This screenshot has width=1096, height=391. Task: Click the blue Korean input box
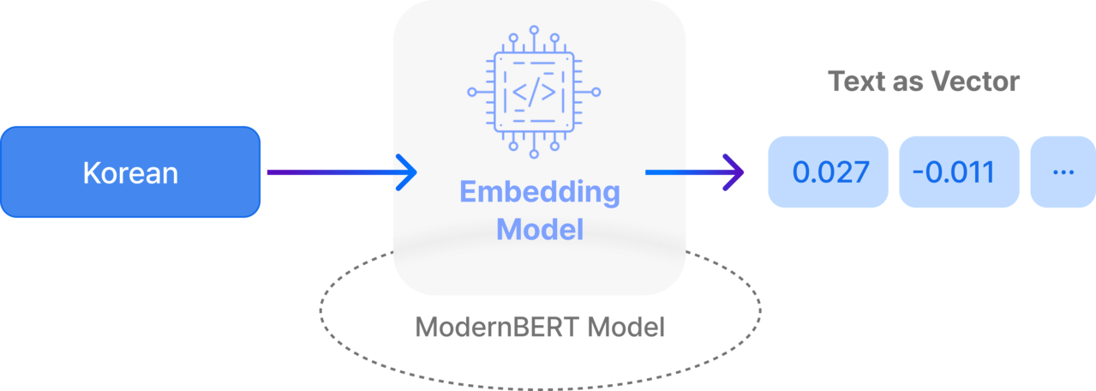coord(130,171)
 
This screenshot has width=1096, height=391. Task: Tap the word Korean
coord(130,173)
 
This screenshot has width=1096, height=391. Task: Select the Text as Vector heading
coord(924,81)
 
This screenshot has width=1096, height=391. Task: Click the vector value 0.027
coord(830,171)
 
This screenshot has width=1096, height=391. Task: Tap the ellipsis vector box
coord(1063,171)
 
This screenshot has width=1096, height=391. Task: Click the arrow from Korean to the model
coord(338,172)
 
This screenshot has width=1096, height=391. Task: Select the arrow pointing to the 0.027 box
coord(694,172)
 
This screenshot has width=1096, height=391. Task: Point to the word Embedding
coord(540,192)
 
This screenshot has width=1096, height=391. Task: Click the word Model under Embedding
coord(540,229)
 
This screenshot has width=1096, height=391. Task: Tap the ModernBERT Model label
coord(540,327)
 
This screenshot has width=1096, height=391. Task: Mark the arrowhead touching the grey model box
coord(405,172)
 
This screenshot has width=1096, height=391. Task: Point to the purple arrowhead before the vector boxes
coord(734,172)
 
